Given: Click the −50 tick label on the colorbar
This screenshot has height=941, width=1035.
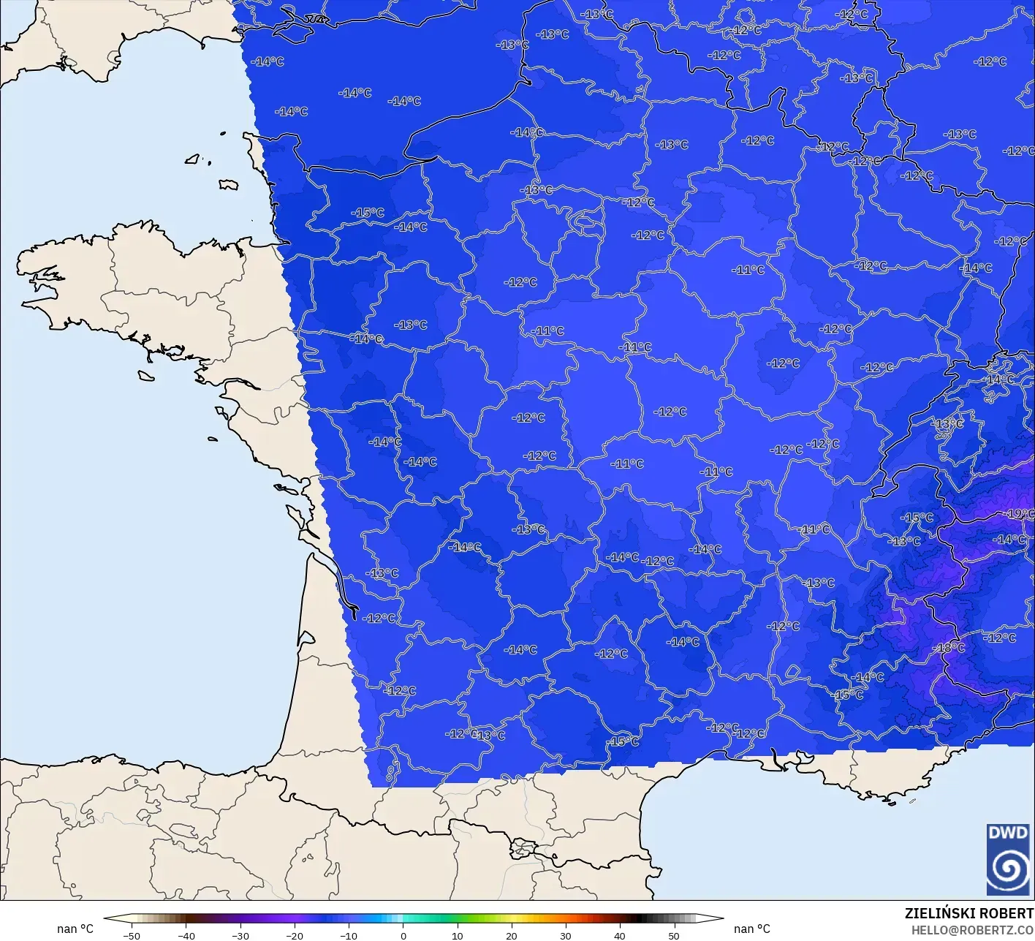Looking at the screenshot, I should tap(131, 935).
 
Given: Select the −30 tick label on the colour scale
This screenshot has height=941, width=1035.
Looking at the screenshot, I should tap(240, 935).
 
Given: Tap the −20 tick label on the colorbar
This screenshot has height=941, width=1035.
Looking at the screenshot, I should tap(294, 935).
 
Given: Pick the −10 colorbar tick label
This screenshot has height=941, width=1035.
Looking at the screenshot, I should tap(348, 935).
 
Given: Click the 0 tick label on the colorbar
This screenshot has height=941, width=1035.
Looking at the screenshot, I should tap(403, 935).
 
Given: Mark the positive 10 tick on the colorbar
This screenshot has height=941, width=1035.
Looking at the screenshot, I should tap(457, 935).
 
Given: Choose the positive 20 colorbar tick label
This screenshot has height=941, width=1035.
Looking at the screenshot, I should tap(511, 935).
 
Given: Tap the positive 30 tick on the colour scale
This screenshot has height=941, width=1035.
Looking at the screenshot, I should tap(565, 935).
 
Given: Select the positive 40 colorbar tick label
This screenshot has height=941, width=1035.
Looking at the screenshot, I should tap(619, 935).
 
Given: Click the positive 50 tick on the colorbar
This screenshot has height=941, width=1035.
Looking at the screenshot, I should tap(673, 935).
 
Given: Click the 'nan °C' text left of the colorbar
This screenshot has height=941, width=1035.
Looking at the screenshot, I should tap(75, 929).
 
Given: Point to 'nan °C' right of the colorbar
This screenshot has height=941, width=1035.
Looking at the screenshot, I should tap(752, 929).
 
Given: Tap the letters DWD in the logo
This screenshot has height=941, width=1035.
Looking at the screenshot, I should tap(1007, 833).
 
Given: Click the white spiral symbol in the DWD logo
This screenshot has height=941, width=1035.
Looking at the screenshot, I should tap(1008, 869).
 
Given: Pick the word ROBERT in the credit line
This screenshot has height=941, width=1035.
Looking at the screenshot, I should tap(1007, 913).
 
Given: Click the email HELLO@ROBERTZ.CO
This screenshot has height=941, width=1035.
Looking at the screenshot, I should tap(972, 929).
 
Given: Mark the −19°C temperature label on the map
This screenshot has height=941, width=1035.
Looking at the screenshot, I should tap(1020, 514).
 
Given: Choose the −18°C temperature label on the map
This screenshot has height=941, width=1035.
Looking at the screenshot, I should tap(950, 648).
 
